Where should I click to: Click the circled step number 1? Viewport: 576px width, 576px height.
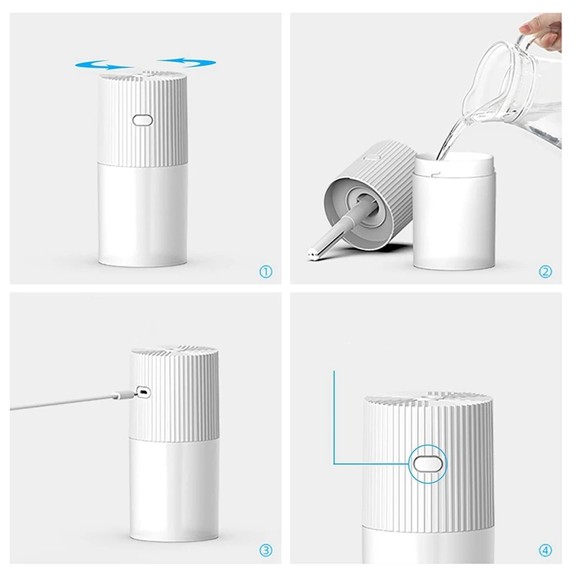click(x=266, y=271)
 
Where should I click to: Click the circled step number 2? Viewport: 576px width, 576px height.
click(x=545, y=271)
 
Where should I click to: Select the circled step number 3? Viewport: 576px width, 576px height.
click(x=266, y=551)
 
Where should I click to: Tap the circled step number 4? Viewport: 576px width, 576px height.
click(x=545, y=551)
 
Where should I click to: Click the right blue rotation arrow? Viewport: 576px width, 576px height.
click(x=186, y=63)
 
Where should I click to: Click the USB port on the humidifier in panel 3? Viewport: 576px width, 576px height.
click(x=143, y=392)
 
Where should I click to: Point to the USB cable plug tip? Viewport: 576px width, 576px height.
click(x=122, y=393)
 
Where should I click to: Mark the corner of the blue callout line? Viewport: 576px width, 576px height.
click(x=335, y=463)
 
